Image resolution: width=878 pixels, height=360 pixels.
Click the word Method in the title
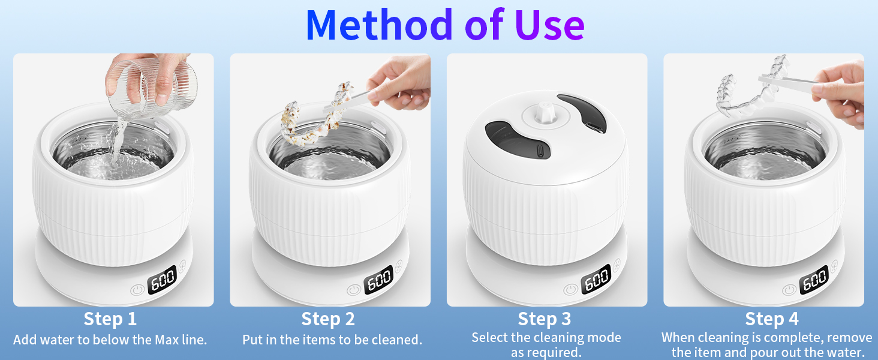(x=379, y=25)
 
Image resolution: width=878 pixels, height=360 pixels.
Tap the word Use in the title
(x=549, y=25)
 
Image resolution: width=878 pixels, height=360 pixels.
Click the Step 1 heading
(x=110, y=319)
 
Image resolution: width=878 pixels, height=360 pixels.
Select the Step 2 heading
(x=328, y=319)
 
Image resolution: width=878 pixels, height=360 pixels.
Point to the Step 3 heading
(x=545, y=319)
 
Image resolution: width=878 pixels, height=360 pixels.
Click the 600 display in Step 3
(x=596, y=280)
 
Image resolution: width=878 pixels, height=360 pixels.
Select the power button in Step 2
(x=353, y=290)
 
